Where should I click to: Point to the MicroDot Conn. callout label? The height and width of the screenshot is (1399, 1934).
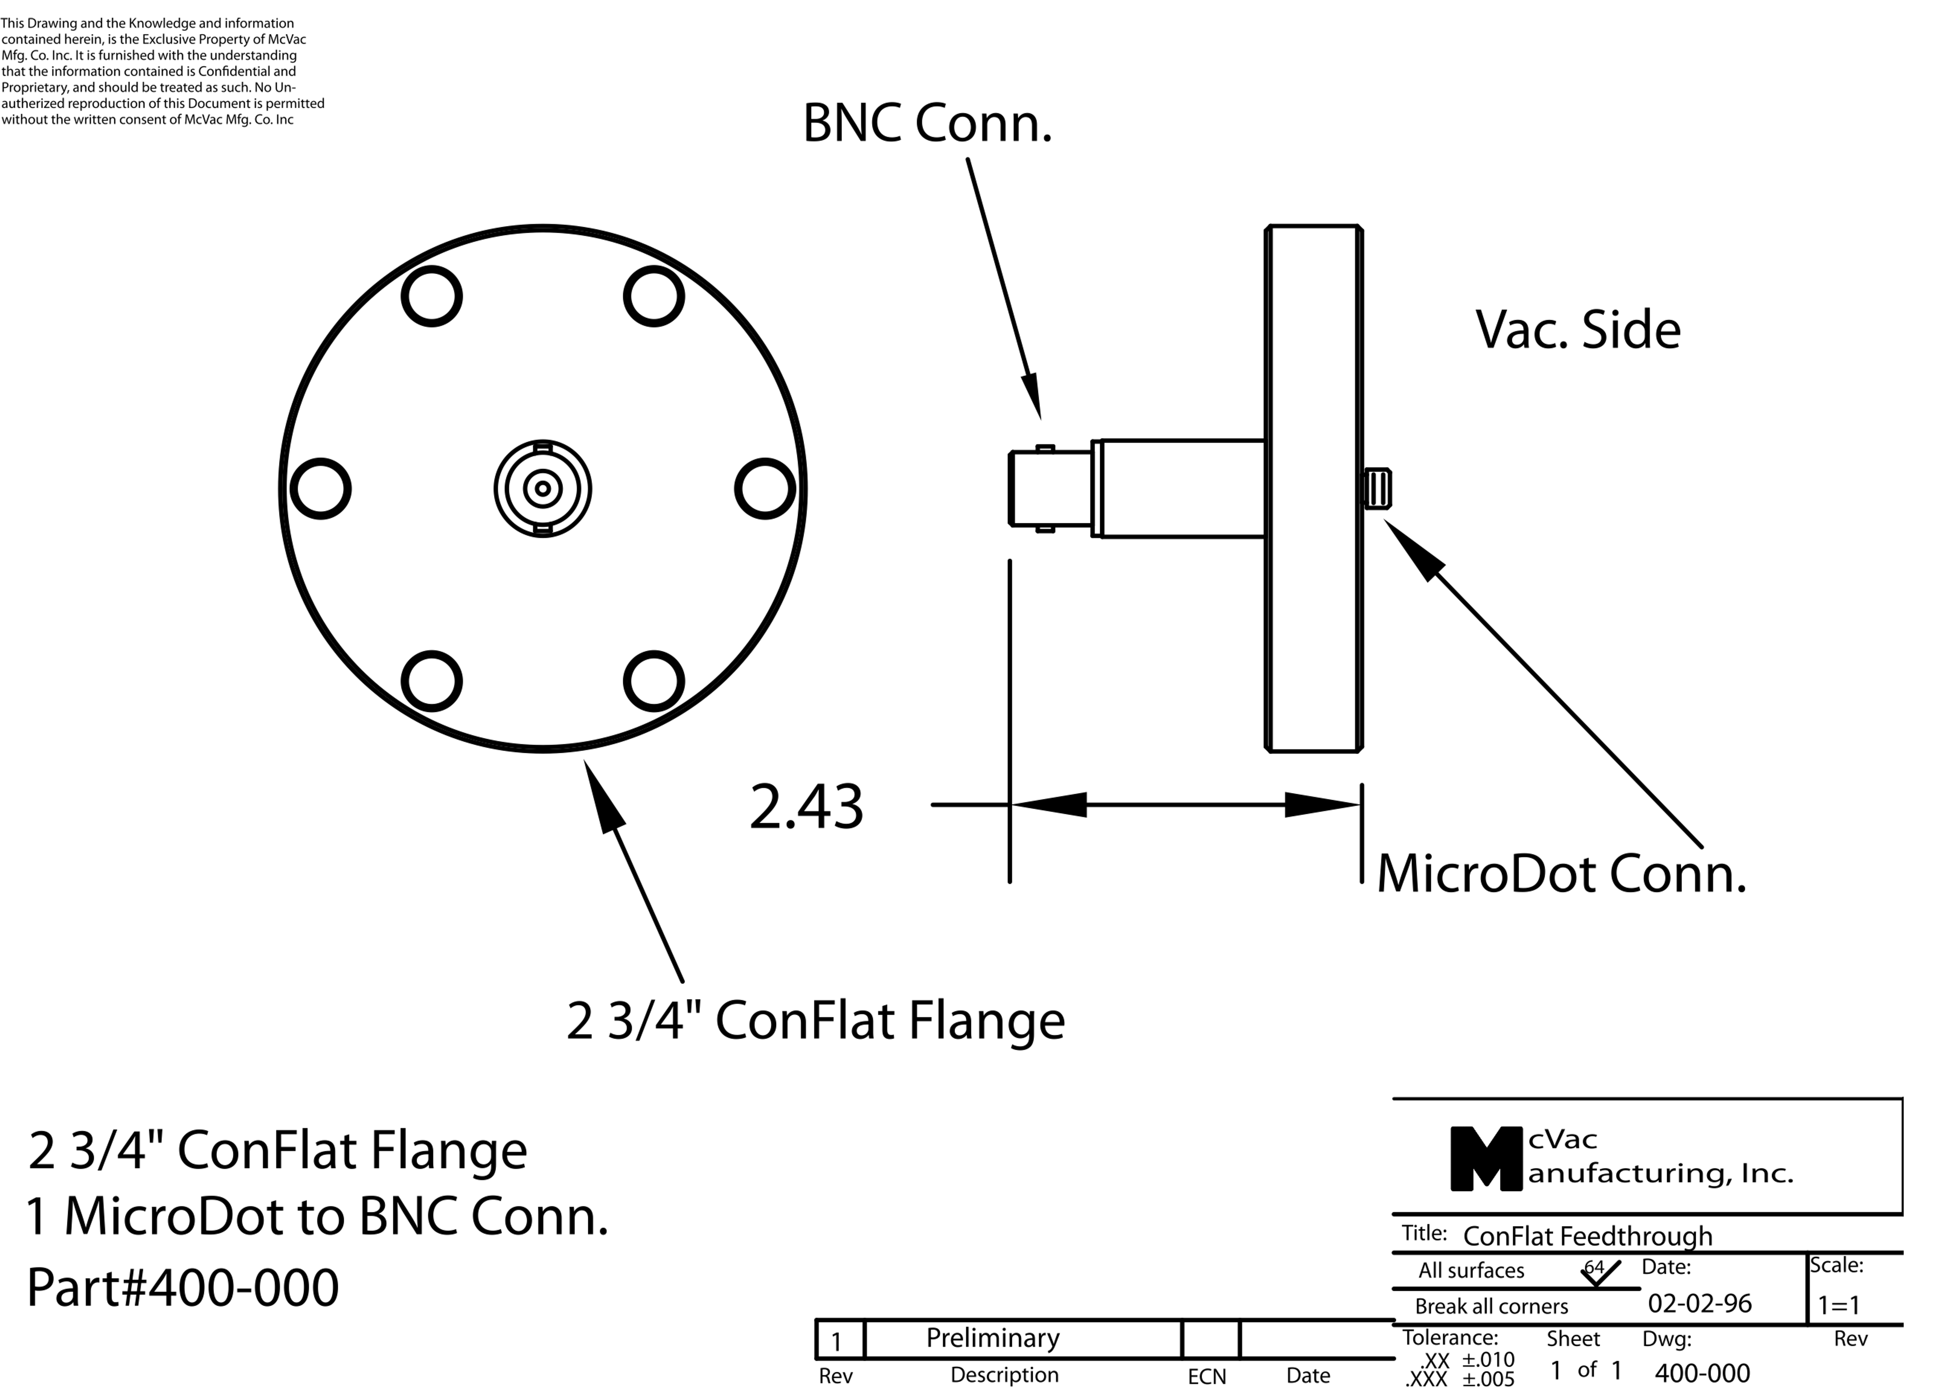(x=1562, y=875)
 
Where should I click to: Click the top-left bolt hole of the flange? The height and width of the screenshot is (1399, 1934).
(x=432, y=296)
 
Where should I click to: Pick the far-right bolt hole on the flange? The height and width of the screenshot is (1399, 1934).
(x=765, y=489)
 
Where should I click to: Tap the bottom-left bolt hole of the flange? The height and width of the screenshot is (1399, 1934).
(x=432, y=681)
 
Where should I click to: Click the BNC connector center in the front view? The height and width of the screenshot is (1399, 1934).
(x=542, y=489)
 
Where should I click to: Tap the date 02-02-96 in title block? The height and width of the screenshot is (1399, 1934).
(x=1699, y=1303)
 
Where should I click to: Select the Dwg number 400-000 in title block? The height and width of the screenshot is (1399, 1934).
(x=1702, y=1373)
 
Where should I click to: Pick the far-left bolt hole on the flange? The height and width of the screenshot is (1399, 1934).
(x=320, y=489)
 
